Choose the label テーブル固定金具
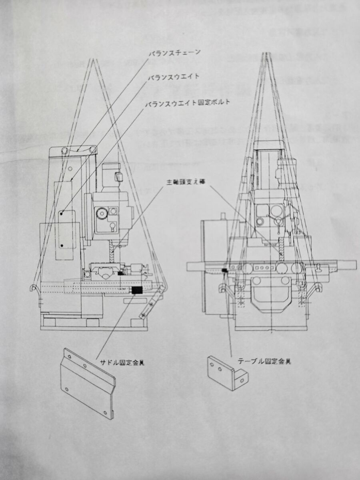pyautogui.click(x=264, y=361)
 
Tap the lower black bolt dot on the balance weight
pyautogui.click(x=62, y=244)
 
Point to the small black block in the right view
pyautogui.click(x=224, y=272)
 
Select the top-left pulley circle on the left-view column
pyautogui.click(x=64, y=151)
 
